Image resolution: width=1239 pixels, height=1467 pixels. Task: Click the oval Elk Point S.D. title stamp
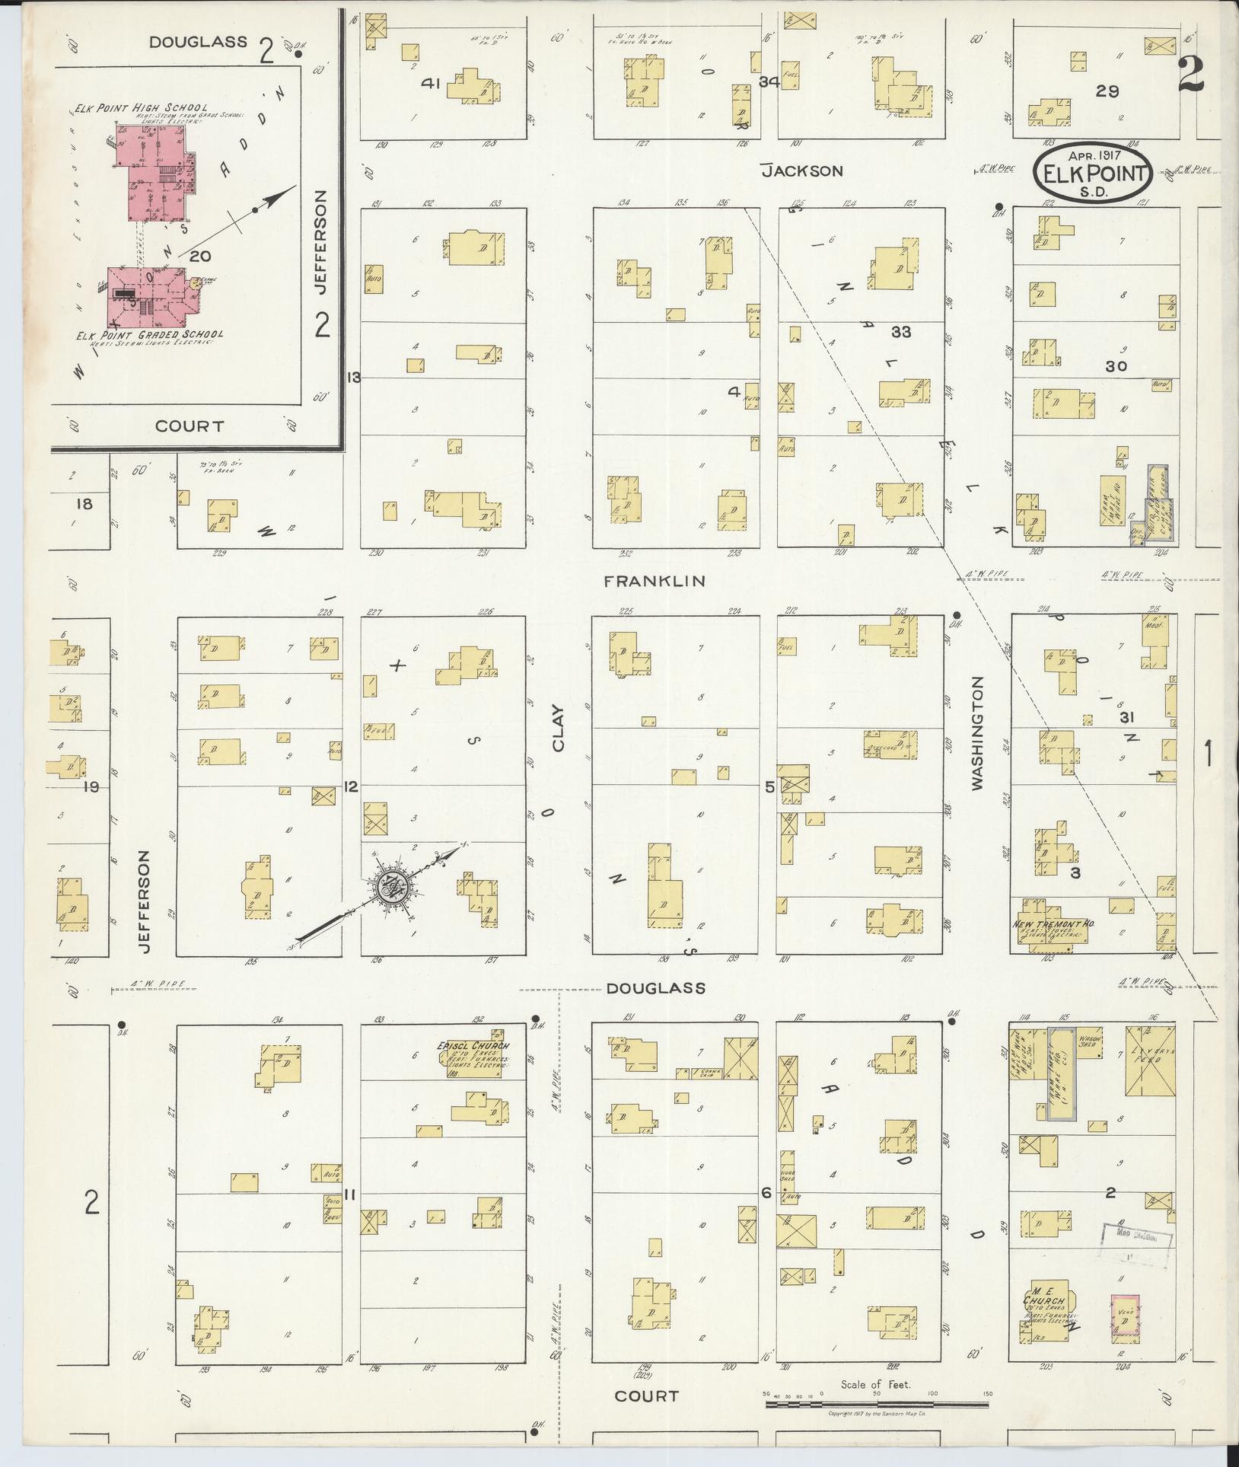pyautogui.click(x=1093, y=175)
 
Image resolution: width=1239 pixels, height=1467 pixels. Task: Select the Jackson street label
pyautogui.click(x=802, y=171)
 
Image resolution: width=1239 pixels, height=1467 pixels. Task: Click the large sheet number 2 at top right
pyautogui.click(x=1191, y=73)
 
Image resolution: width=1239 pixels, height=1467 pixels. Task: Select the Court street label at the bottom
pyautogui.click(x=646, y=1396)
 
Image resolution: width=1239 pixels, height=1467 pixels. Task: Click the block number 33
pyautogui.click(x=901, y=332)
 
